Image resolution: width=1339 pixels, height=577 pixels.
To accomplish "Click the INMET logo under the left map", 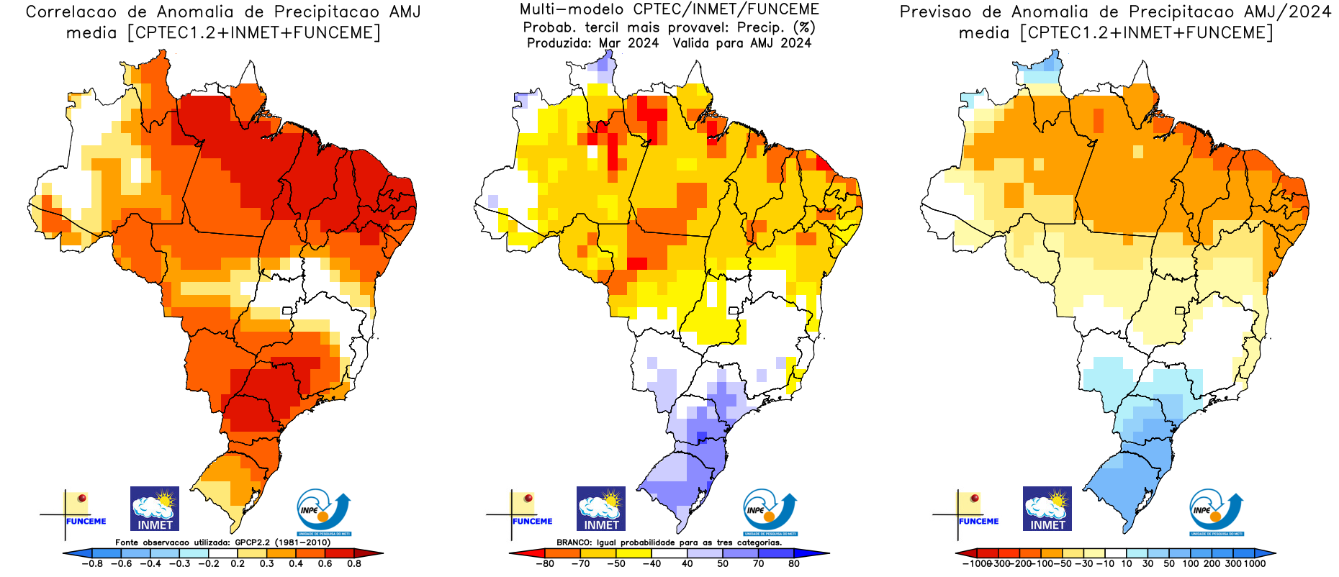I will (155, 509).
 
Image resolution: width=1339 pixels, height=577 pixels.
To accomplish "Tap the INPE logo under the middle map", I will (770, 512).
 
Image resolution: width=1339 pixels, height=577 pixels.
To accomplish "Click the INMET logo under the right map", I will (1047, 509).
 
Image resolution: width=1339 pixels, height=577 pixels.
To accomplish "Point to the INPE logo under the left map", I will (323, 512).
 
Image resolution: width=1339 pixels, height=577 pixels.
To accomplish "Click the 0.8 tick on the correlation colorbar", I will (354, 564).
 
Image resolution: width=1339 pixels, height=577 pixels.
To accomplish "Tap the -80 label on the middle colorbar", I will (545, 564).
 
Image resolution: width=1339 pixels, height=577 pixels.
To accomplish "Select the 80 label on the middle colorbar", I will (794, 564).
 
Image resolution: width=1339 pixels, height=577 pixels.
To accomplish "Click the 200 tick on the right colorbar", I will (1212, 564).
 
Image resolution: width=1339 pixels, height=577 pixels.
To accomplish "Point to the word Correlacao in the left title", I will (71, 12).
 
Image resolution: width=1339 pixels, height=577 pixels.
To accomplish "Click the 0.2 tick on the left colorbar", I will (238, 564).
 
